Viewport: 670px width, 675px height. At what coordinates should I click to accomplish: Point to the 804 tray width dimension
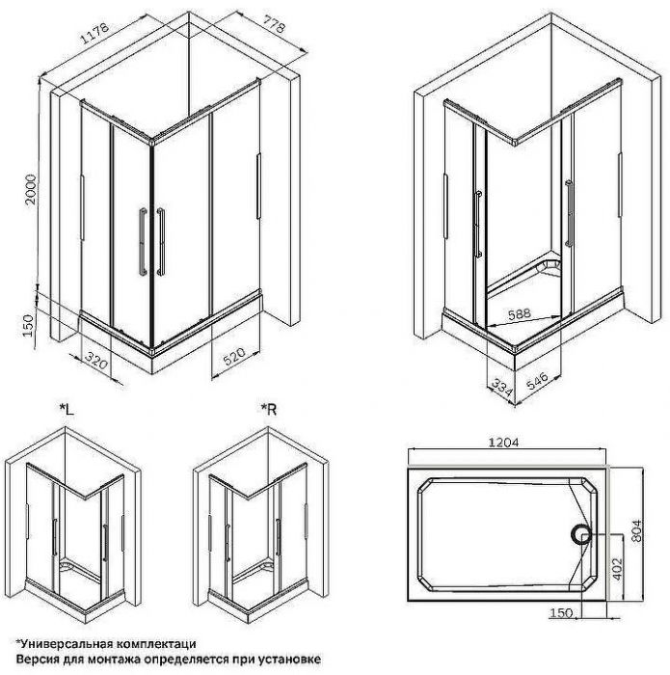(652, 526)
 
